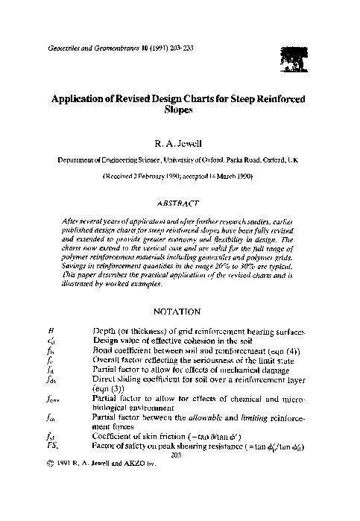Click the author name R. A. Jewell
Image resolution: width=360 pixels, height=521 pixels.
180,139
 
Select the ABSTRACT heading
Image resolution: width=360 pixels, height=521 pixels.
180,202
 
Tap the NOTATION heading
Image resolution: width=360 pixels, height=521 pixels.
180,310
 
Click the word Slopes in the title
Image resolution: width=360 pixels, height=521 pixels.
180,109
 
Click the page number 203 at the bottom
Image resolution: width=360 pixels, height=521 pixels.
177,455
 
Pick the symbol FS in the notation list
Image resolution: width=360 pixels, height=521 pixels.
51,446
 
